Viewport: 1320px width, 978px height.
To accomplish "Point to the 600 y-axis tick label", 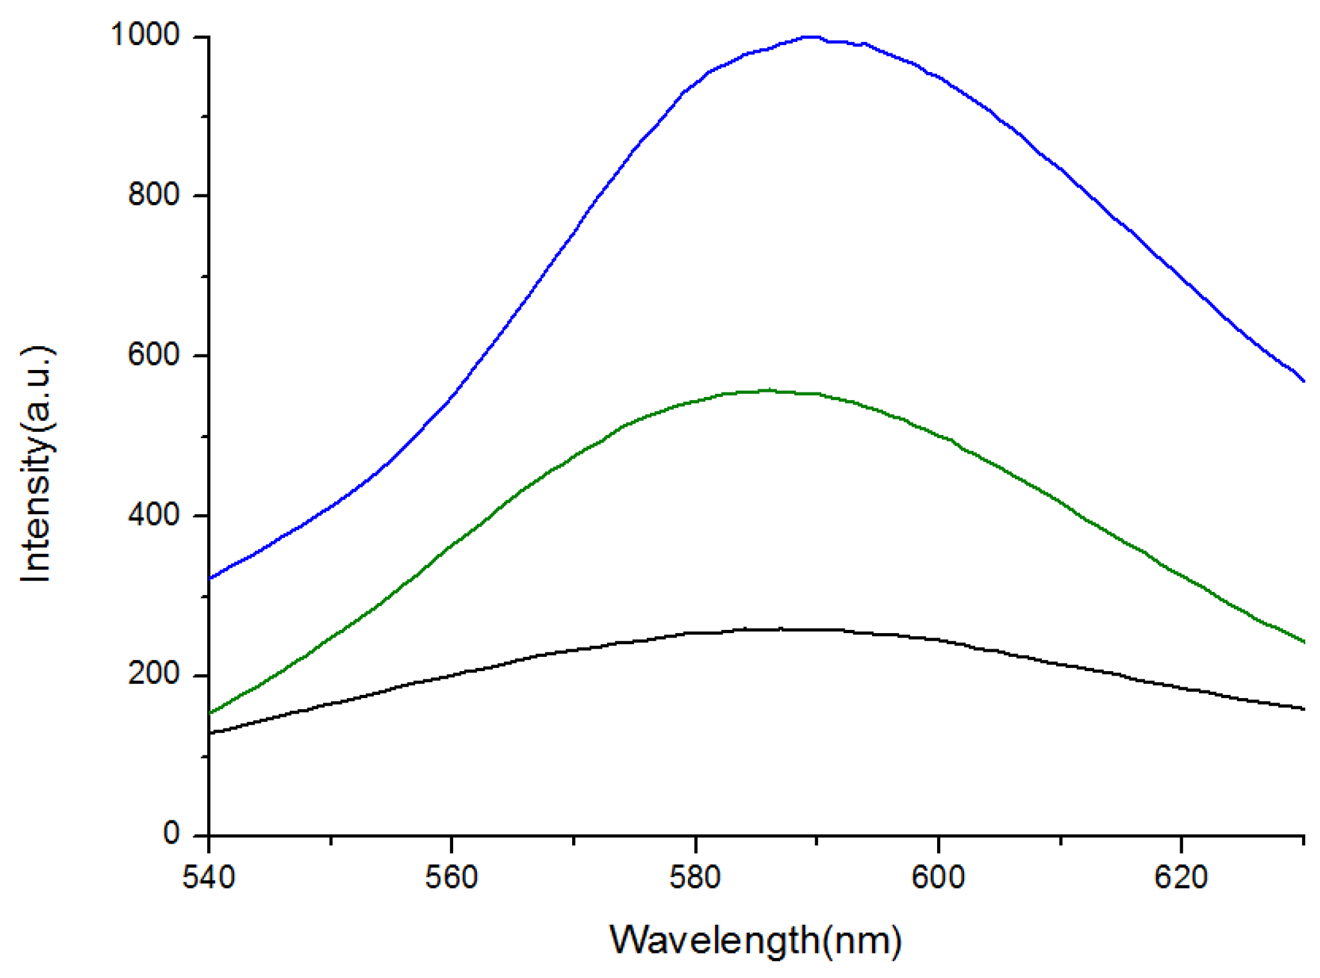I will click(154, 354).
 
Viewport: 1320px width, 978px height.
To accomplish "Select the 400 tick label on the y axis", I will click(154, 514).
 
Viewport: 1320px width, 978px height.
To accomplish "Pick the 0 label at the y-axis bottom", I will click(171, 833).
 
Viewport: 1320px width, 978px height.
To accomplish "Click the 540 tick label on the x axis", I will click(209, 877).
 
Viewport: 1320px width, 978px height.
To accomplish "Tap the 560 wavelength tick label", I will click(452, 877).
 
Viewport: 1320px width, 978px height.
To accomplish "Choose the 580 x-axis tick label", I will click(695, 877).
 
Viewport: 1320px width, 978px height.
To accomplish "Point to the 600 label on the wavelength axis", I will click(938, 877).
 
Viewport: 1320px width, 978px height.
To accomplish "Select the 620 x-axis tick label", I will click(1181, 877).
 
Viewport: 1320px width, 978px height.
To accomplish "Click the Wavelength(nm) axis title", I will click(756, 941).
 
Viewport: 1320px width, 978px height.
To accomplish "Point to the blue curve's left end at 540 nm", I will click(210, 578).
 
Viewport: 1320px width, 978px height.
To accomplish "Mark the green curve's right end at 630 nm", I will click(1303, 641).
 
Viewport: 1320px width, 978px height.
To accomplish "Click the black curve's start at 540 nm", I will click(210, 732).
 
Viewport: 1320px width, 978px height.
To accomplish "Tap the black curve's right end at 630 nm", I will click(1303, 709).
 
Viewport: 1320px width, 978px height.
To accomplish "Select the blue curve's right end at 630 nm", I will click(1303, 381).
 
